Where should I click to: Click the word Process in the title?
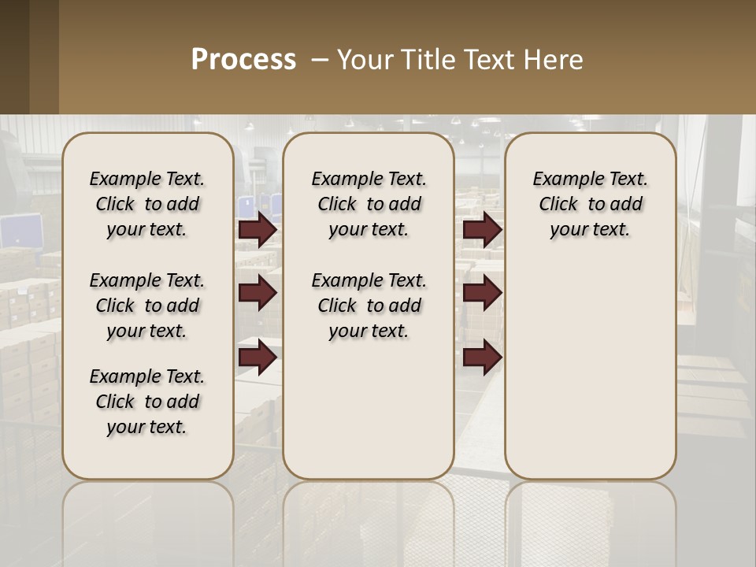pyautogui.click(x=243, y=60)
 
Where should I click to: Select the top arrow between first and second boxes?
pyautogui.click(x=258, y=230)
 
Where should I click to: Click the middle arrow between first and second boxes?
pyautogui.click(x=258, y=293)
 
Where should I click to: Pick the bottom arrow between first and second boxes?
pyautogui.click(x=258, y=358)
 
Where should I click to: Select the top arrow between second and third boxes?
pyautogui.click(x=482, y=230)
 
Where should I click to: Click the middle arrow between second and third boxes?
pyautogui.click(x=482, y=293)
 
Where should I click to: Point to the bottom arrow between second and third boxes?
pyautogui.click(x=482, y=358)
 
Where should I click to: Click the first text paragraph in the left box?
pyautogui.click(x=147, y=204)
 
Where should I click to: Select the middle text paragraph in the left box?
pyautogui.click(x=147, y=306)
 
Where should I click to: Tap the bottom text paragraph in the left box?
pyautogui.click(x=147, y=402)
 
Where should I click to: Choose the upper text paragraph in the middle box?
pyautogui.click(x=369, y=204)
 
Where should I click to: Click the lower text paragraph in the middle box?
pyautogui.click(x=369, y=306)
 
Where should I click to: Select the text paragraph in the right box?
pyautogui.click(x=591, y=204)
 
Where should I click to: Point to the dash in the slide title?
pyautogui.click(x=320, y=60)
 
